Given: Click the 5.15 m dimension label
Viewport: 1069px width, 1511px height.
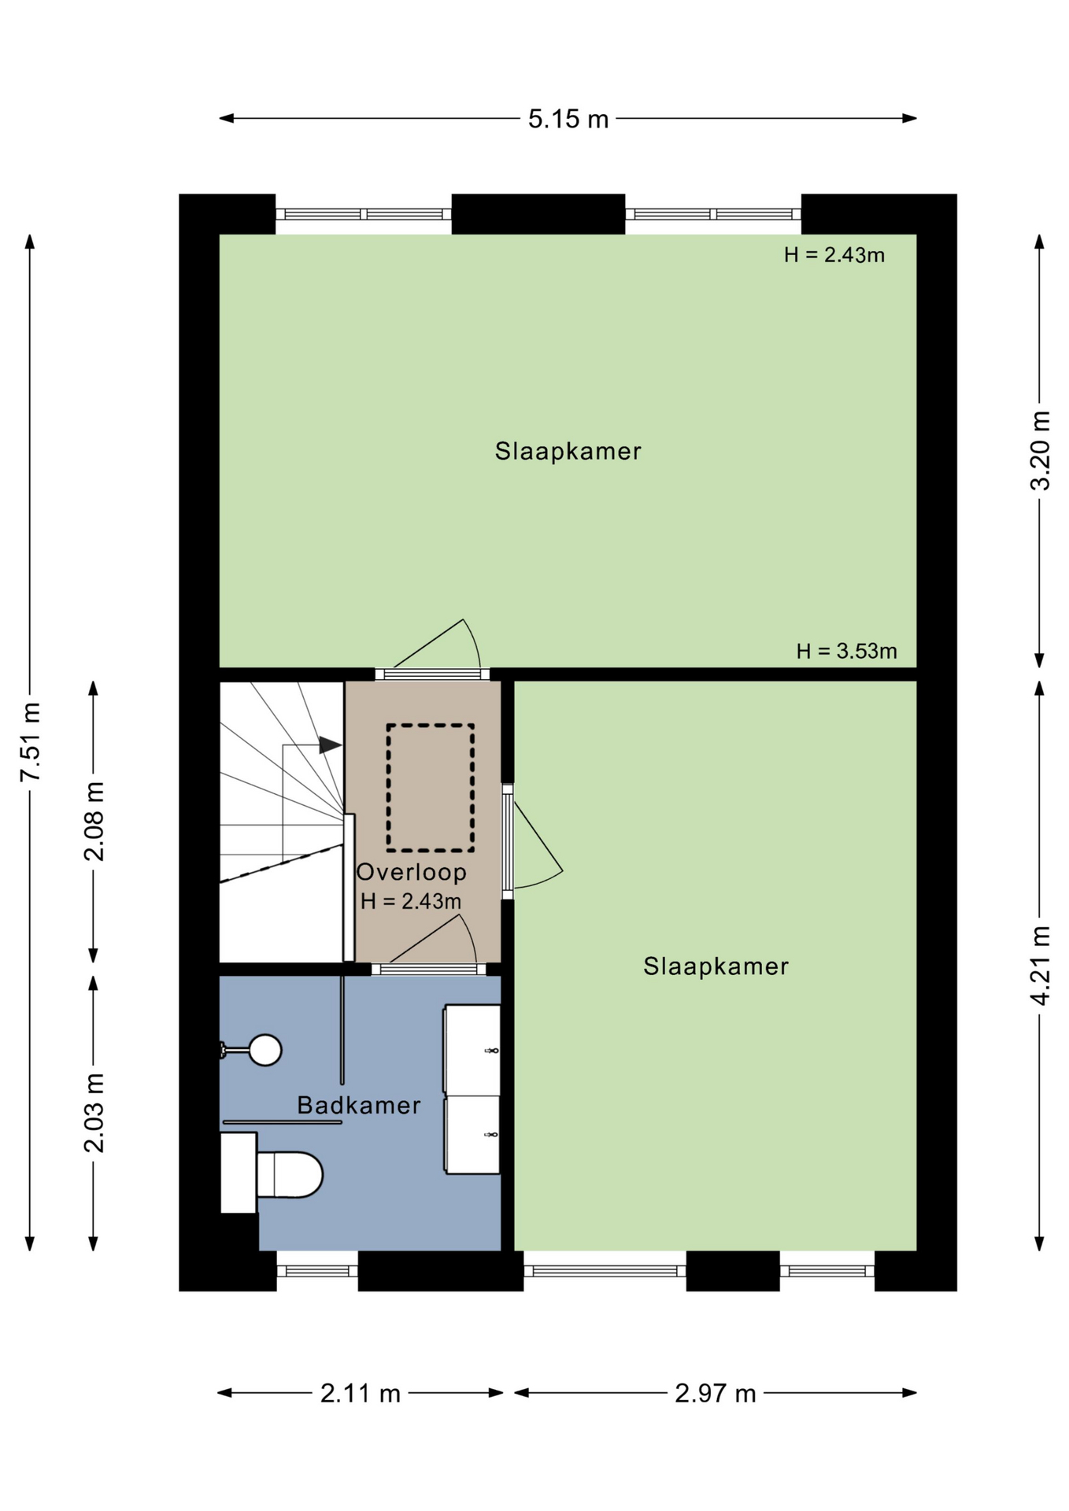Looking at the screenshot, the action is pos(568,119).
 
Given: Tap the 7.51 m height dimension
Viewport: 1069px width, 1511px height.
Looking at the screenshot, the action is pos(31,742).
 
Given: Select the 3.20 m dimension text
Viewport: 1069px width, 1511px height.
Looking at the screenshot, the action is pos(1040,450).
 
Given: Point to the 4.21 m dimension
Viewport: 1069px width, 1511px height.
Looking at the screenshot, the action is pos(1040,966).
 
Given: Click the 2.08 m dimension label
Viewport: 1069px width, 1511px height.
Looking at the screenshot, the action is pos(94,822).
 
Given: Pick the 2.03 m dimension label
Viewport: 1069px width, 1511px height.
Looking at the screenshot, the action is pos(94,1113).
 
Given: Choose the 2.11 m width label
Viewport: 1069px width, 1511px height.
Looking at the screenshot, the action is pos(361,1394).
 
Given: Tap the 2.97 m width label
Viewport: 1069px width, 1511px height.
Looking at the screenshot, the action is pos(716,1394).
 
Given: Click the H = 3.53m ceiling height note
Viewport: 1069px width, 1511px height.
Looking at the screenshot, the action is pos(846,651).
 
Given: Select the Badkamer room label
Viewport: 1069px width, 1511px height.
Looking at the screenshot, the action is pos(359,1105).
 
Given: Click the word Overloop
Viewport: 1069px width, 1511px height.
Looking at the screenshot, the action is pos(412,872).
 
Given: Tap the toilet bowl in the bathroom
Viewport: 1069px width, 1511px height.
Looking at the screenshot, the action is pos(290,1175).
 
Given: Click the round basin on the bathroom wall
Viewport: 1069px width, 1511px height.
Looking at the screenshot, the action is pos(265,1049).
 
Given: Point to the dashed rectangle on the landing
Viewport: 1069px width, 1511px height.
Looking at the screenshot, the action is pos(430,788).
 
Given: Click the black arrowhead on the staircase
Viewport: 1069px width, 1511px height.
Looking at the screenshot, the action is pos(331,744).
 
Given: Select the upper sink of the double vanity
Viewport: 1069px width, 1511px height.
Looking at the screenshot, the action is pos(472,1049).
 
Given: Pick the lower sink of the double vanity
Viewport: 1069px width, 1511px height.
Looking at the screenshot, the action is pos(472,1135).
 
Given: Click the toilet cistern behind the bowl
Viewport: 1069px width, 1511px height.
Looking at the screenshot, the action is pos(239,1173).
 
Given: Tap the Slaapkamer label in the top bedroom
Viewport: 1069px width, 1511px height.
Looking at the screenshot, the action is pos(568,451).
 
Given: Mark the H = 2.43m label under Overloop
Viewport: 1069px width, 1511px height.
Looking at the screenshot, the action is pos(411,901).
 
